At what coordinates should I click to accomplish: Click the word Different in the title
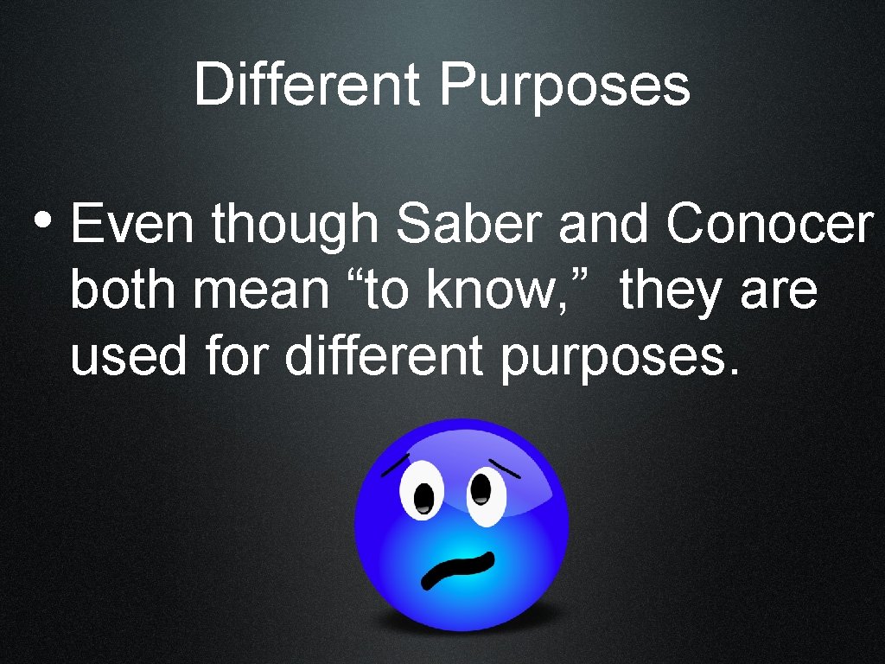coord(308,86)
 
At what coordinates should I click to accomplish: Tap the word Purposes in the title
coord(564,87)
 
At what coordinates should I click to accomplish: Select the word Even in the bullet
coord(134,224)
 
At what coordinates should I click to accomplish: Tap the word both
coord(124,290)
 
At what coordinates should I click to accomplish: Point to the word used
coord(128,356)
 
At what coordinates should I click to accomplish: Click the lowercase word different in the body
coord(384,356)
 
